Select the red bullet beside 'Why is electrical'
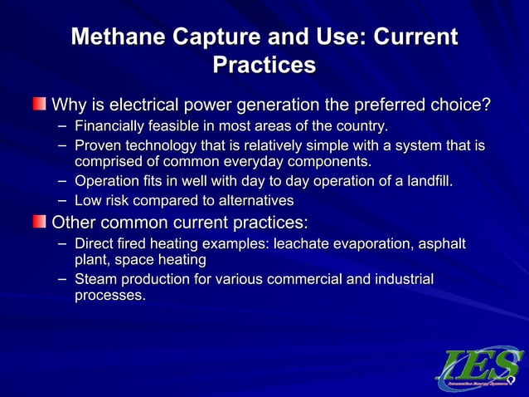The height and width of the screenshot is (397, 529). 40,105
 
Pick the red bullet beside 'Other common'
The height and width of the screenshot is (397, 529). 40,222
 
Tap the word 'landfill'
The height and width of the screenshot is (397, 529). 430,181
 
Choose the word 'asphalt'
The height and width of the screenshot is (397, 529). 442,244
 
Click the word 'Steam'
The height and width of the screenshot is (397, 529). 96,280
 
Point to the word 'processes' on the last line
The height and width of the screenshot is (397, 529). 108,296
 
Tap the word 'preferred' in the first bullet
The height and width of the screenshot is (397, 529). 368,105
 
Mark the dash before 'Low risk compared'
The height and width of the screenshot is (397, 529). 63,201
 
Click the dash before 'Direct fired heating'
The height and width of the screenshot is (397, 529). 63,244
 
